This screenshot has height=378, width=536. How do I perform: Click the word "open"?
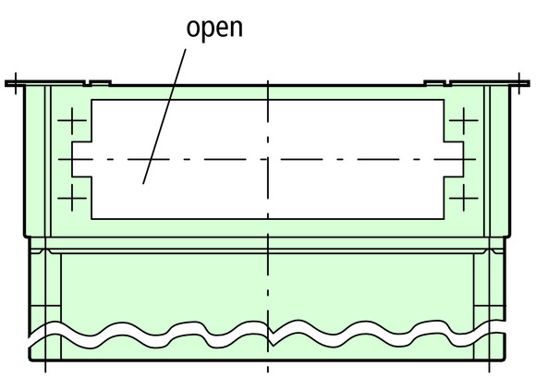[214, 29]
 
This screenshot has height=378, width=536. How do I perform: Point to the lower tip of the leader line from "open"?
[143, 184]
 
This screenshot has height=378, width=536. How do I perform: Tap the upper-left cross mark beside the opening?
[72, 120]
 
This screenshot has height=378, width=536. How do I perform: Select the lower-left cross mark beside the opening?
[72, 198]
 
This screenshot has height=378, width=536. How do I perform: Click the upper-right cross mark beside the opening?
[464, 120]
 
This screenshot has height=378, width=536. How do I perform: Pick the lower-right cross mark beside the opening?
[464, 198]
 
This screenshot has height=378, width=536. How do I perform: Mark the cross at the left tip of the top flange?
[16, 83]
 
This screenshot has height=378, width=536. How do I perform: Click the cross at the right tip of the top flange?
[519, 83]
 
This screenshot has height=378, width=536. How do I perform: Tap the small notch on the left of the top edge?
[88, 83]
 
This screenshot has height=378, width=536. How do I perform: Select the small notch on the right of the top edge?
[447, 83]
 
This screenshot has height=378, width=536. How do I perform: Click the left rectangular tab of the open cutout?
[81, 159]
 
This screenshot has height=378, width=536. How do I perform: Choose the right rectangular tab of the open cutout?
[454, 159]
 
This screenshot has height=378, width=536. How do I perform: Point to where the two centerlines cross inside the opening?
[268, 159]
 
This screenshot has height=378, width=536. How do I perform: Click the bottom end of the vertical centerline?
[268, 372]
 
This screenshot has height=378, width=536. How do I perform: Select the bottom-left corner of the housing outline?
[30, 360]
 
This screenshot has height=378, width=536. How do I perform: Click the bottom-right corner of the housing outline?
[505, 360]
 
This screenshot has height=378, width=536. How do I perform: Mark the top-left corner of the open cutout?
[91, 100]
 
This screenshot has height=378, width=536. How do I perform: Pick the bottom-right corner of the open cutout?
[444, 219]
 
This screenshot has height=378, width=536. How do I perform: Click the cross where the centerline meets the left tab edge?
[72, 159]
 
